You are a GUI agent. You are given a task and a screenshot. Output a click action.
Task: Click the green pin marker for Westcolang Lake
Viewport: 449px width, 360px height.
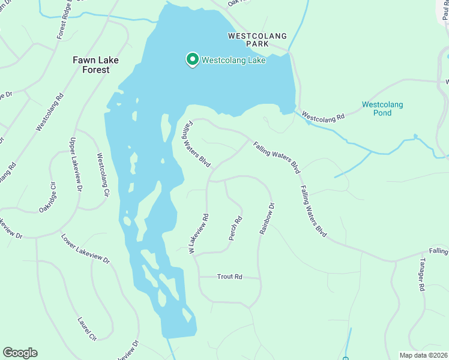(x=192, y=60)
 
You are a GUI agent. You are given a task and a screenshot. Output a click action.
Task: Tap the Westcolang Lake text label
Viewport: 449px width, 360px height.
(x=234, y=60)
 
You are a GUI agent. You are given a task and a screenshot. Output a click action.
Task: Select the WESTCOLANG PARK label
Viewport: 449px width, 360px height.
(x=257, y=40)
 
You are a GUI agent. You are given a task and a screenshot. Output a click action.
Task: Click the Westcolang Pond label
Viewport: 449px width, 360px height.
(x=382, y=109)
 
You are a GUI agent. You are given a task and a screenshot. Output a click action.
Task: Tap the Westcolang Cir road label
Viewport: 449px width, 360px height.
(x=103, y=175)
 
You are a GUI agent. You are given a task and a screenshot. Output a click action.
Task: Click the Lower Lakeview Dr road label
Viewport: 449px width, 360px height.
(x=86, y=248)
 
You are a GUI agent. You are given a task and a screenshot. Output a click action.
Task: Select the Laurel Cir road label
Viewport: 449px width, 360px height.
(x=87, y=328)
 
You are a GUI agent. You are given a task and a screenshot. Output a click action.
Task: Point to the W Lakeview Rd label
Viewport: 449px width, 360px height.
(x=199, y=233)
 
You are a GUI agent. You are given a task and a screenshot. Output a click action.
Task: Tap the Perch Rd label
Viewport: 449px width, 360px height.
(x=235, y=229)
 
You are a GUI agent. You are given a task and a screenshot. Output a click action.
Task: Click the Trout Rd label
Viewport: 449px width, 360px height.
(x=229, y=277)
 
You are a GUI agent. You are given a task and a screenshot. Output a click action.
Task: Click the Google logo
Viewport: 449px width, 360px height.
(x=20, y=353)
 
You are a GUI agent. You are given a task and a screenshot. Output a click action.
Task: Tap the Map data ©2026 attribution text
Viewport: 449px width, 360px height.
(x=423, y=355)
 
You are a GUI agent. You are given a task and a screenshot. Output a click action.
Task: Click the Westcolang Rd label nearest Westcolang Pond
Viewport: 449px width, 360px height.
(x=323, y=115)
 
